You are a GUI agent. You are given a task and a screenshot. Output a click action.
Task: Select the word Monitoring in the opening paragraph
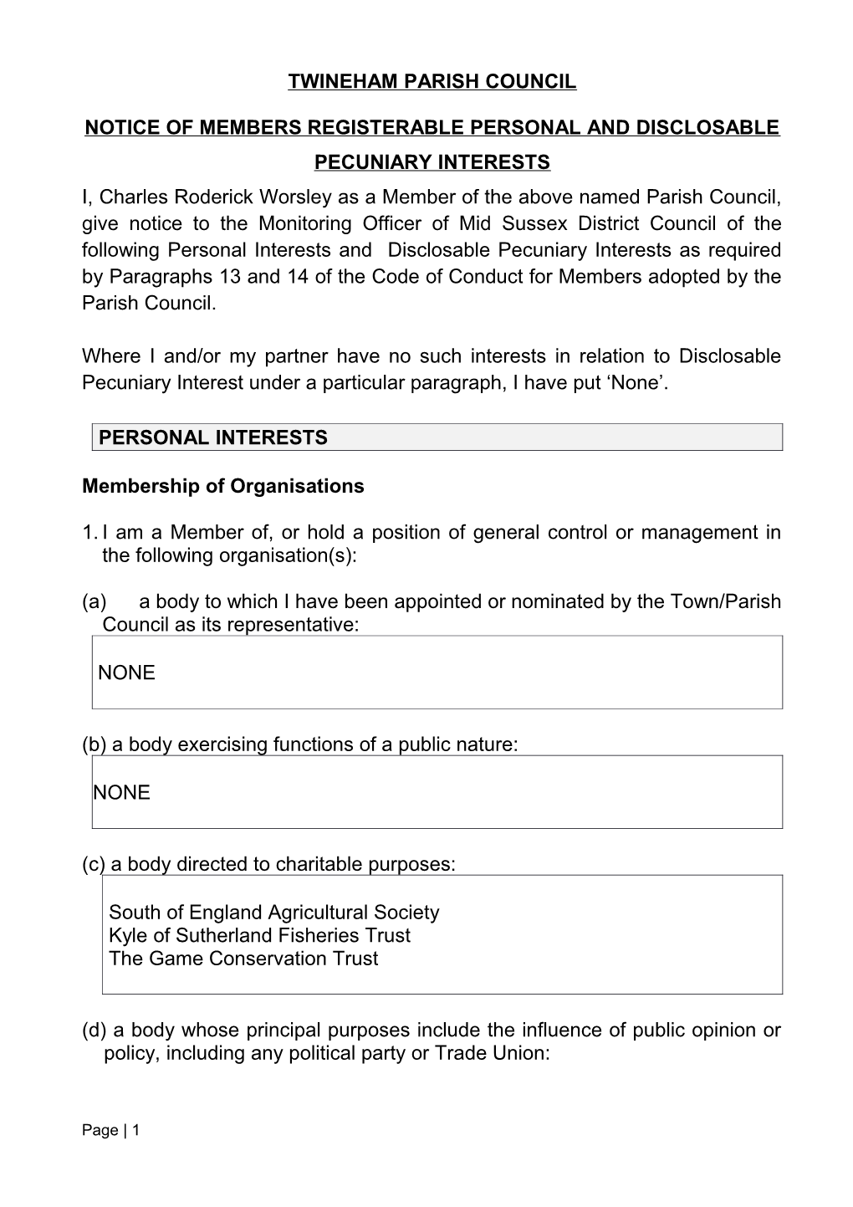tap(304, 224)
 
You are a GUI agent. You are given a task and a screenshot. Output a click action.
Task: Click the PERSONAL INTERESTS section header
tap(213, 437)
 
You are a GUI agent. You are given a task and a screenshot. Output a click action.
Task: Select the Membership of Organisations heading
tap(223, 487)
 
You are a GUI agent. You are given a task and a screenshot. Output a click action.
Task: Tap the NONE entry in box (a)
tap(127, 673)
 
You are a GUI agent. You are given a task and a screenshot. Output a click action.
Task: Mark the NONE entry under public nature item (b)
tap(122, 793)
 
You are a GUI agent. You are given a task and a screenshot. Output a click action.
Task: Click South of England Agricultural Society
tap(273, 913)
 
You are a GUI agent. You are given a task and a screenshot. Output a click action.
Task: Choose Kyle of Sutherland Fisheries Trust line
tap(259, 936)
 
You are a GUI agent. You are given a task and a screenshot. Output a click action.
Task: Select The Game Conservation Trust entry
tap(243, 959)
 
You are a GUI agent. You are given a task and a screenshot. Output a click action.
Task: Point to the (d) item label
tap(94, 1031)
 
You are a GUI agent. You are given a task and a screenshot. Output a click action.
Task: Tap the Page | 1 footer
tap(110, 1131)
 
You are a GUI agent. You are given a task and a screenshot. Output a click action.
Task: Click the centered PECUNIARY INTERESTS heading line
tap(432, 162)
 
